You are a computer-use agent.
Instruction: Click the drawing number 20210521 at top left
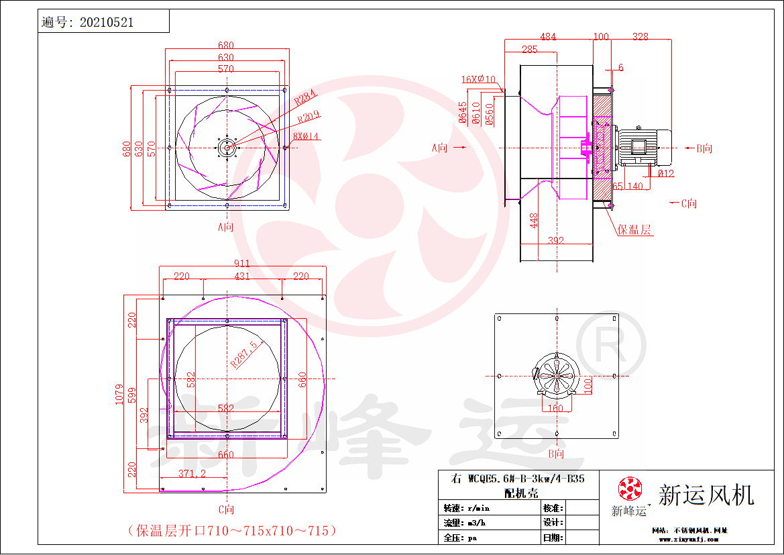pos(106,22)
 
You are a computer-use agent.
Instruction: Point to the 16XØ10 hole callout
pos(478,79)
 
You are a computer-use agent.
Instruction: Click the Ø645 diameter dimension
pos(463,113)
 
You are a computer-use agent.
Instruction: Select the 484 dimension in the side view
pos(548,37)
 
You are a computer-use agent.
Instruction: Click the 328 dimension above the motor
pos(640,37)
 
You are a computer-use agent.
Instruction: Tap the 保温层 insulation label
pos(634,230)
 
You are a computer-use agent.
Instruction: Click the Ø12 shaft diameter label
pos(665,174)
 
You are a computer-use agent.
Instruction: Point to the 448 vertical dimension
pos(534,220)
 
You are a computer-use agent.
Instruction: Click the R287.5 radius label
pos(244,354)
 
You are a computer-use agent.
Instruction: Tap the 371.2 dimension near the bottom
pos(192,474)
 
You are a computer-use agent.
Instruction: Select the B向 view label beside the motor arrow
pos(704,148)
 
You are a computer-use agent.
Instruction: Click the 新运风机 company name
pos(706,495)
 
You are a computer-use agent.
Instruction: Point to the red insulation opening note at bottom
pos(232,530)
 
